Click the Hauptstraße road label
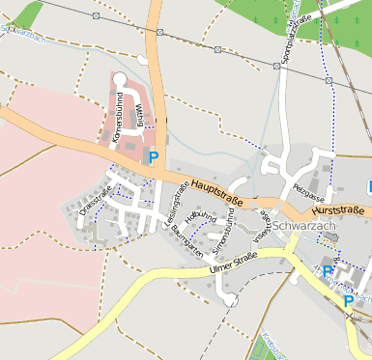click(216, 188)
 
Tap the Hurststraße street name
click(337, 210)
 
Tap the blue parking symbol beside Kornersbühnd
click(153, 155)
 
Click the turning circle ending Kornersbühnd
click(119, 79)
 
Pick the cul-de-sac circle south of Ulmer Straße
click(232, 300)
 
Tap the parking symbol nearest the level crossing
click(348, 301)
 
